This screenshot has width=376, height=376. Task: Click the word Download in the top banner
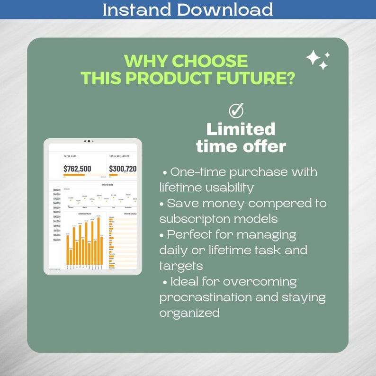tap(227, 9)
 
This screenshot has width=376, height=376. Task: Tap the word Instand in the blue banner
tap(137, 9)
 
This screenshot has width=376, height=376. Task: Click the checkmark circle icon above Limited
tap(236, 110)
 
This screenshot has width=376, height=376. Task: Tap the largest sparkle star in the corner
tap(313, 58)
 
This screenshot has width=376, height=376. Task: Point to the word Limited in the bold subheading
tap(241, 129)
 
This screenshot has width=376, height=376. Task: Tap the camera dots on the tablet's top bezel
tap(89, 141)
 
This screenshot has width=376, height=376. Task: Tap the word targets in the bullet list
tap(181, 266)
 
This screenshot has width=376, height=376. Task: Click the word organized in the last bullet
tap(189, 313)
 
